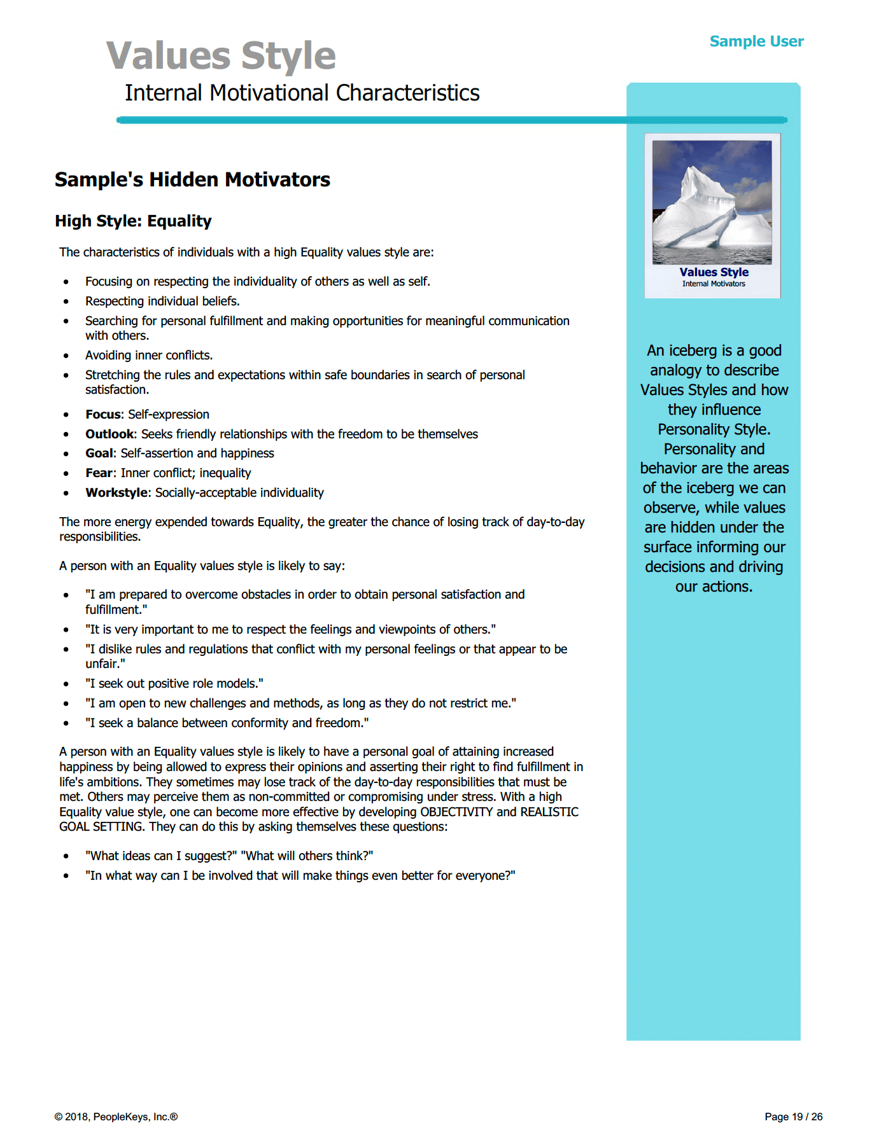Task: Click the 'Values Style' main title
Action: pyautogui.click(x=221, y=55)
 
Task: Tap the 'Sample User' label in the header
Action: pyautogui.click(x=756, y=41)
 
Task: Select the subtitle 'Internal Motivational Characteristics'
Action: pyautogui.click(x=302, y=93)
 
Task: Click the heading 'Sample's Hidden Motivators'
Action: pyautogui.click(x=192, y=179)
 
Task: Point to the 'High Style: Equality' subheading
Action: pyautogui.click(x=133, y=221)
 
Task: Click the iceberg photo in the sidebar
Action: pyautogui.click(x=712, y=202)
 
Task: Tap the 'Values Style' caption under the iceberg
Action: pyautogui.click(x=714, y=272)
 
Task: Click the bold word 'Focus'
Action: pyautogui.click(x=102, y=415)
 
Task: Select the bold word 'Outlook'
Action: pyautogui.click(x=109, y=434)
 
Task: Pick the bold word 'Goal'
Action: pyautogui.click(x=99, y=454)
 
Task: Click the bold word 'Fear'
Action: pyautogui.click(x=99, y=473)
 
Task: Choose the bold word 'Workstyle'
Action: pyautogui.click(x=116, y=493)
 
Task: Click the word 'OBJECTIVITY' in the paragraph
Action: pyautogui.click(x=456, y=812)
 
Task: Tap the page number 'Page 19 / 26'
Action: pyautogui.click(x=793, y=1117)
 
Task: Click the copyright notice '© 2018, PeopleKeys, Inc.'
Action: pyautogui.click(x=116, y=1117)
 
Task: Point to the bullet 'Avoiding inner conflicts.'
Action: pyautogui.click(x=149, y=356)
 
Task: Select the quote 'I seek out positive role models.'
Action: pyautogui.click(x=174, y=684)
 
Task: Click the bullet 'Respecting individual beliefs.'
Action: pyautogui.click(x=162, y=302)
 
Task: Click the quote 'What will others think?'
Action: pyautogui.click(x=307, y=856)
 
